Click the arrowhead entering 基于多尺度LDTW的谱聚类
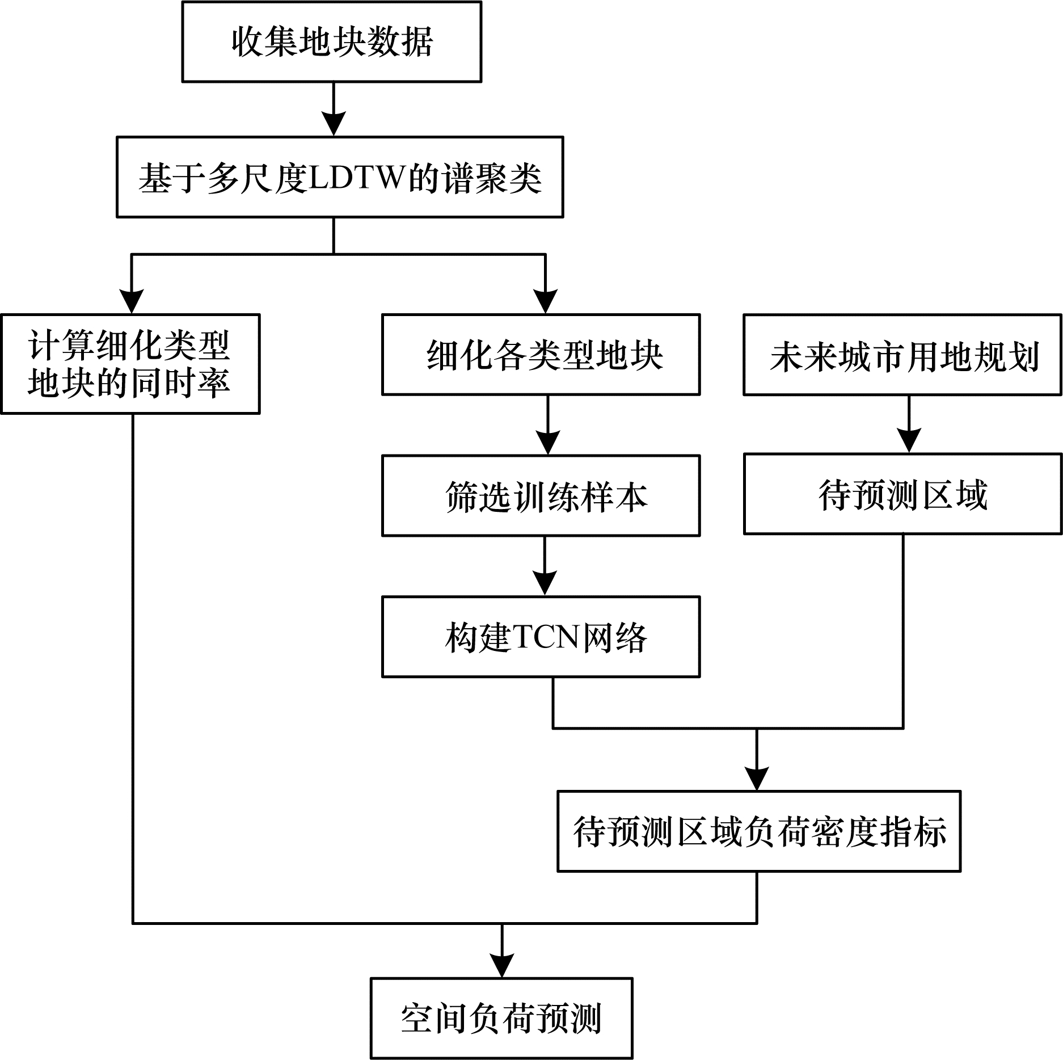pos(334,124)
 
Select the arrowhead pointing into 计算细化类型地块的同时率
pos(132,301)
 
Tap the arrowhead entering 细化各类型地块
pos(545,301)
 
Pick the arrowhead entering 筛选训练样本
pos(547,443)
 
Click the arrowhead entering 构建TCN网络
pos(545,583)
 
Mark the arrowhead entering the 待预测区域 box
pos(909,441)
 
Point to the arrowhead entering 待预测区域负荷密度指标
pos(757,779)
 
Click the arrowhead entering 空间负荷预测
pos(501,965)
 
